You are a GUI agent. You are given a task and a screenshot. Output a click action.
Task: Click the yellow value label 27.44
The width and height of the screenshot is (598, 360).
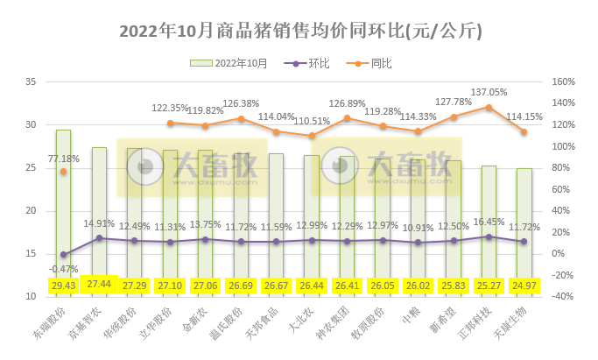(99, 285)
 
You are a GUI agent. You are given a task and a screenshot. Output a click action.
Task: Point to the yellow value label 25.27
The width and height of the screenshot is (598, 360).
(489, 285)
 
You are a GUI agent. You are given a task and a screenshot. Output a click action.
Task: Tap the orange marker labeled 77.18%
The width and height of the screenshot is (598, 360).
(64, 172)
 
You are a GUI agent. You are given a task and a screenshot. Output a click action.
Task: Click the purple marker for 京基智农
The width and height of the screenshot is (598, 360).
(99, 237)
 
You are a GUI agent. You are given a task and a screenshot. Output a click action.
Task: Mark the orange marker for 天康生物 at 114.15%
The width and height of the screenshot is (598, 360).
(524, 132)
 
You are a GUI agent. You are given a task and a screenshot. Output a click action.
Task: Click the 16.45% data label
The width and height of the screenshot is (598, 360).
(489, 222)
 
